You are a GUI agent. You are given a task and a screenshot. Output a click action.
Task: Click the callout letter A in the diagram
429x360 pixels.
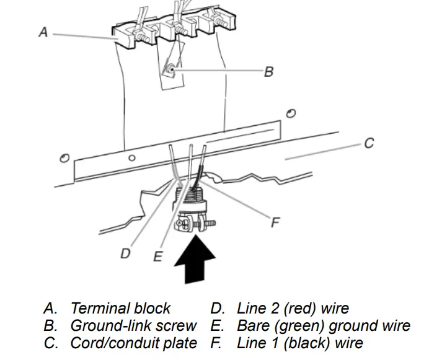[x=43, y=32]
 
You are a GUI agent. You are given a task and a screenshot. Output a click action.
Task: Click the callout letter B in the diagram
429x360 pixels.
[x=268, y=72]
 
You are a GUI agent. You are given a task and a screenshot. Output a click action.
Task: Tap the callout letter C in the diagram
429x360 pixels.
[x=368, y=143]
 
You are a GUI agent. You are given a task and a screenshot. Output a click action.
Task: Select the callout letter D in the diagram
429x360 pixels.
[x=126, y=253]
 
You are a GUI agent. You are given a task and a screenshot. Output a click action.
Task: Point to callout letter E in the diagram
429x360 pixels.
[x=157, y=257]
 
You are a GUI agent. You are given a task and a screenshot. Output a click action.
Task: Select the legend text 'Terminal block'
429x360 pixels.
[x=120, y=308]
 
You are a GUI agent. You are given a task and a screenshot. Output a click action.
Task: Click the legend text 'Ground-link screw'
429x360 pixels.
[x=133, y=325]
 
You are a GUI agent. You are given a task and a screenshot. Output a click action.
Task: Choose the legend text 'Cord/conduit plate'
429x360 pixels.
[x=134, y=343]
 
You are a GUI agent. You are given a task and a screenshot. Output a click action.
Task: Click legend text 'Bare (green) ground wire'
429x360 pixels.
[x=324, y=325]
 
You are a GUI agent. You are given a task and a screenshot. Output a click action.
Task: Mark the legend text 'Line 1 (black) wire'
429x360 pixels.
[x=300, y=343]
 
